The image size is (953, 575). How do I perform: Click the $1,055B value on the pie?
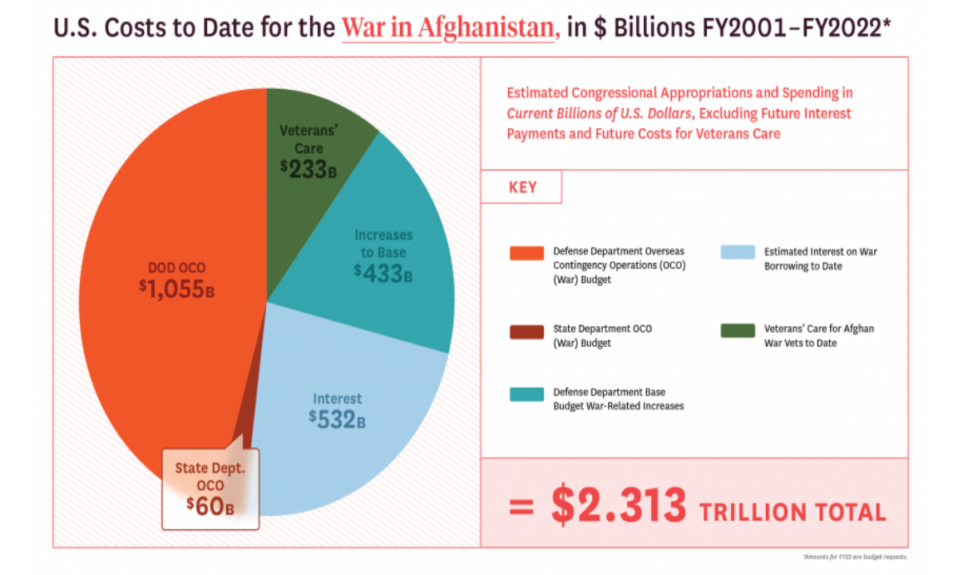(176, 289)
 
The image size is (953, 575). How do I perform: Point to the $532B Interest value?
(337, 419)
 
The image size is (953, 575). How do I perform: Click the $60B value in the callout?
(210, 504)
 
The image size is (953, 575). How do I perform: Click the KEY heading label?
(522, 188)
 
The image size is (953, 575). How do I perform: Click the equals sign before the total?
(521, 507)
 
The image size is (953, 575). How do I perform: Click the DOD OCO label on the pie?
(176, 268)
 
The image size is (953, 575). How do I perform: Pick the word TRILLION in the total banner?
(753, 511)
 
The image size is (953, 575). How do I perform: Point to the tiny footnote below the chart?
(856, 557)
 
